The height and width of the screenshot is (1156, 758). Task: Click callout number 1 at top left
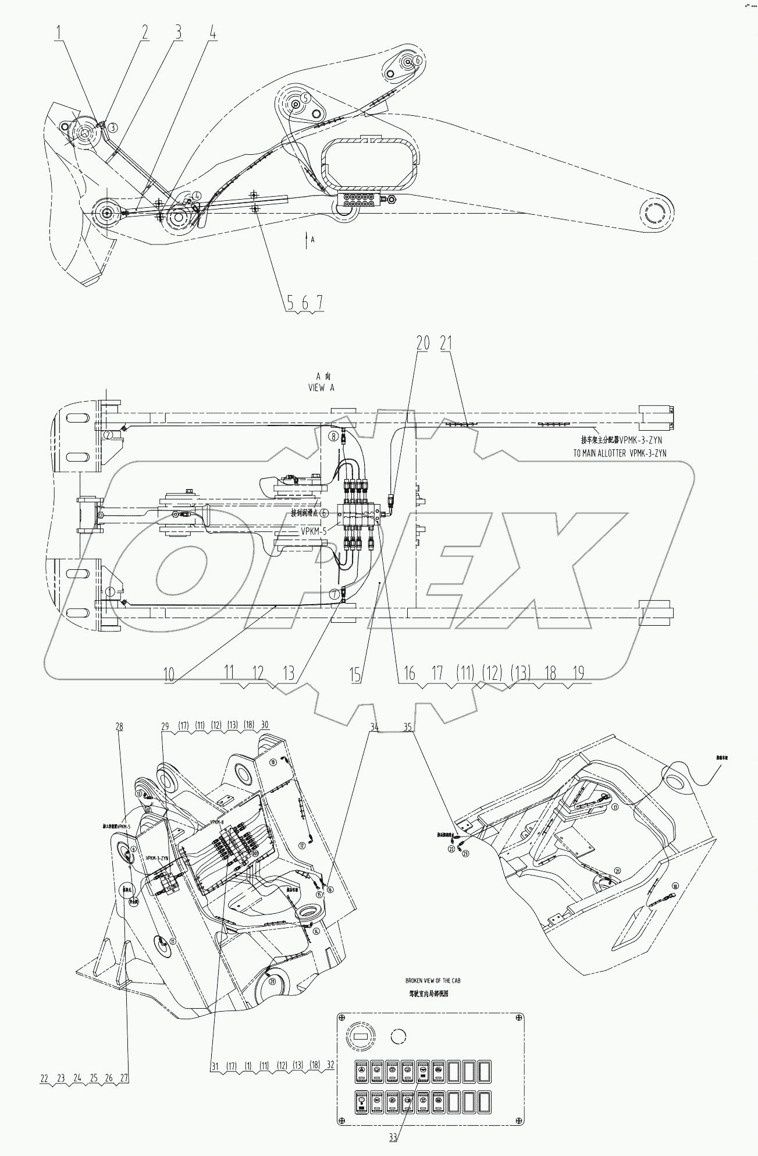59,33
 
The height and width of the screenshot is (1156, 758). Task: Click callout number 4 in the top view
213,33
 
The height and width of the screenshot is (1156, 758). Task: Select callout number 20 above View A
423,343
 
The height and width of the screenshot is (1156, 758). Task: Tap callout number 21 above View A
446,343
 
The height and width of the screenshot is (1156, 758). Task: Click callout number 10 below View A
169,675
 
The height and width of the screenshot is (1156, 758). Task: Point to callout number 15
355,675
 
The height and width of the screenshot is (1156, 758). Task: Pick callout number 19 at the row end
578,673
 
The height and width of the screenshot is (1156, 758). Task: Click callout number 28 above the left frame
120,726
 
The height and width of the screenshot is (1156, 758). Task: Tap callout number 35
408,726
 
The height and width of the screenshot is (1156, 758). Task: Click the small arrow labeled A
307,239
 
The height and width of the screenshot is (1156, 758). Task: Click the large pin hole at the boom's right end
657,211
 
